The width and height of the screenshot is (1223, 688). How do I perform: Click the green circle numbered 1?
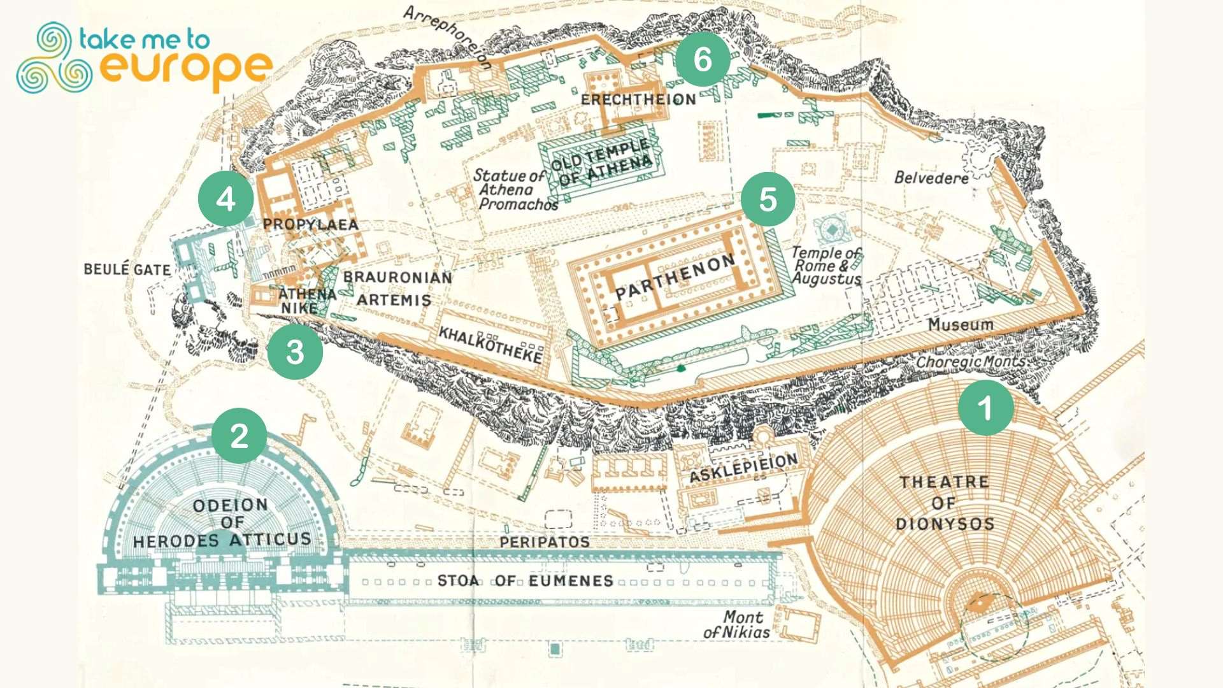(x=985, y=408)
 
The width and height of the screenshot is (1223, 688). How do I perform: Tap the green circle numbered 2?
(x=239, y=436)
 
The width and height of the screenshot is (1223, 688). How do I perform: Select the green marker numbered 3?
(x=295, y=352)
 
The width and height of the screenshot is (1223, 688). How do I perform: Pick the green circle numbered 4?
(x=226, y=199)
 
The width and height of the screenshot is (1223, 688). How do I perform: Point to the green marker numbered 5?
(x=768, y=199)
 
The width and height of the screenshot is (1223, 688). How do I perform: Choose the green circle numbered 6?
(x=702, y=59)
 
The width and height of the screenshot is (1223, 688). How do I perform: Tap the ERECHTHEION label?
(x=638, y=100)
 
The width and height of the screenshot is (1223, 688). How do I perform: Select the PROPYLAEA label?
(x=311, y=224)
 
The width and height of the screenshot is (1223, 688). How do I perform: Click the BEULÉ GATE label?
(x=127, y=269)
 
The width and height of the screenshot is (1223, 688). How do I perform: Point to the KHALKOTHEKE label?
(x=490, y=345)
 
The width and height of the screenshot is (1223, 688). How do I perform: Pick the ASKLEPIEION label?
(x=743, y=468)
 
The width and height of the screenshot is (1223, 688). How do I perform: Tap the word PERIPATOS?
(x=545, y=542)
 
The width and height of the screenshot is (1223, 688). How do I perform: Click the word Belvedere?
(x=931, y=178)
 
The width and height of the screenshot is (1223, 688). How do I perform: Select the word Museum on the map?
(x=960, y=325)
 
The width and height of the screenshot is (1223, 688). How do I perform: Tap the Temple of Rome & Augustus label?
(x=826, y=266)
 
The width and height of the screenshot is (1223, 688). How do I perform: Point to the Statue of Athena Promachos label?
(x=515, y=190)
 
